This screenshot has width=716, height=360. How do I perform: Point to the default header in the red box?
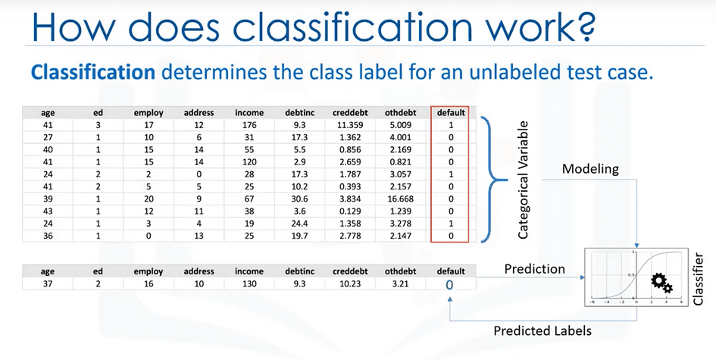click(x=450, y=113)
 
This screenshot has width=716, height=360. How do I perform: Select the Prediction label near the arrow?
click(x=535, y=268)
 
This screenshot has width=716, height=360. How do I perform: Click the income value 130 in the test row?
click(x=249, y=283)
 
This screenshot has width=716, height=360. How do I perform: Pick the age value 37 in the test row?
click(x=48, y=283)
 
